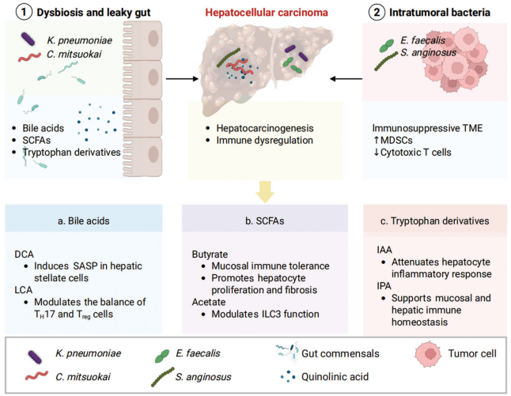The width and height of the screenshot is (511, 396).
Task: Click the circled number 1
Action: (x=24, y=13)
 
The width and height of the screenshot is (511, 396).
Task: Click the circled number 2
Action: (x=377, y=13)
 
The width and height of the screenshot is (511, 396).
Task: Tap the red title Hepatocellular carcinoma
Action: (x=267, y=13)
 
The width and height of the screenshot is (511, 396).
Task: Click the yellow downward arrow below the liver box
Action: (x=265, y=192)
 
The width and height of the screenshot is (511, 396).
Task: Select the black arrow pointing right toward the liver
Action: (x=182, y=79)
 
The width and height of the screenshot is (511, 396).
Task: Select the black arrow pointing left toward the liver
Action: (x=346, y=79)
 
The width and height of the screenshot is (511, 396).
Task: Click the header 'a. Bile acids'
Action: (x=84, y=221)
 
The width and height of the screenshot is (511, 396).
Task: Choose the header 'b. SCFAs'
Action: (x=265, y=221)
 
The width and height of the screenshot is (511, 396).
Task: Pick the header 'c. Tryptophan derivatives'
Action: (x=435, y=221)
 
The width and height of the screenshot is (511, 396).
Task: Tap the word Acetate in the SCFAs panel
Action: (x=209, y=302)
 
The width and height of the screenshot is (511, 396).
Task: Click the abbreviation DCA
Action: (x=24, y=254)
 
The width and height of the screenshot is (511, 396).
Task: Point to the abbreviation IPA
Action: (x=384, y=285)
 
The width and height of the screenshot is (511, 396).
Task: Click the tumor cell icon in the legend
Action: (x=428, y=354)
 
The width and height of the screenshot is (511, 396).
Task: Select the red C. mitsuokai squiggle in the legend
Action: (x=37, y=375)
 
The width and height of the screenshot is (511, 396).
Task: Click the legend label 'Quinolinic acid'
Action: (x=335, y=377)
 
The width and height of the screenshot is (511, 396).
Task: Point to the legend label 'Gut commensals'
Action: (x=340, y=353)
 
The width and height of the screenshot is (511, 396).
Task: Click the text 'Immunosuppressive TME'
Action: (x=427, y=128)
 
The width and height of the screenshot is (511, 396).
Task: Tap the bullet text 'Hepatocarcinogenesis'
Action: (x=265, y=128)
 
